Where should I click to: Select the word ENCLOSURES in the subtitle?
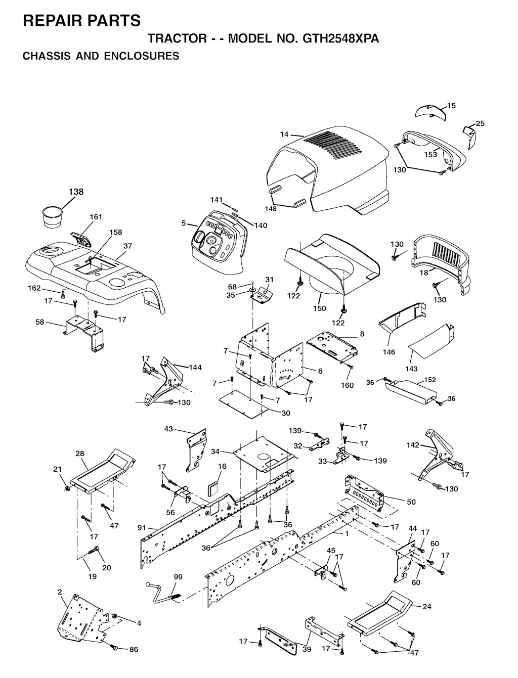[142, 56]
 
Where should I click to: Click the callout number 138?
[76, 192]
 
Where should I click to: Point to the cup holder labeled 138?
[52, 217]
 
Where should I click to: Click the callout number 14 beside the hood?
[284, 134]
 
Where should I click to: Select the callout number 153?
[430, 154]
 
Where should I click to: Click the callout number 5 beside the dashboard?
[184, 223]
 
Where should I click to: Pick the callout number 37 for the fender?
[127, 246]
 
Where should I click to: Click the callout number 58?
[40, 323]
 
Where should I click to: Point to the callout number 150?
[320, 308]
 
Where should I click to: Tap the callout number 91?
[142, 527]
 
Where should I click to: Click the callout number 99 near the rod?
[179, 577]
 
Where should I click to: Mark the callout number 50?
[411, 502]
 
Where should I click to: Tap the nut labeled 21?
[67, 488]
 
